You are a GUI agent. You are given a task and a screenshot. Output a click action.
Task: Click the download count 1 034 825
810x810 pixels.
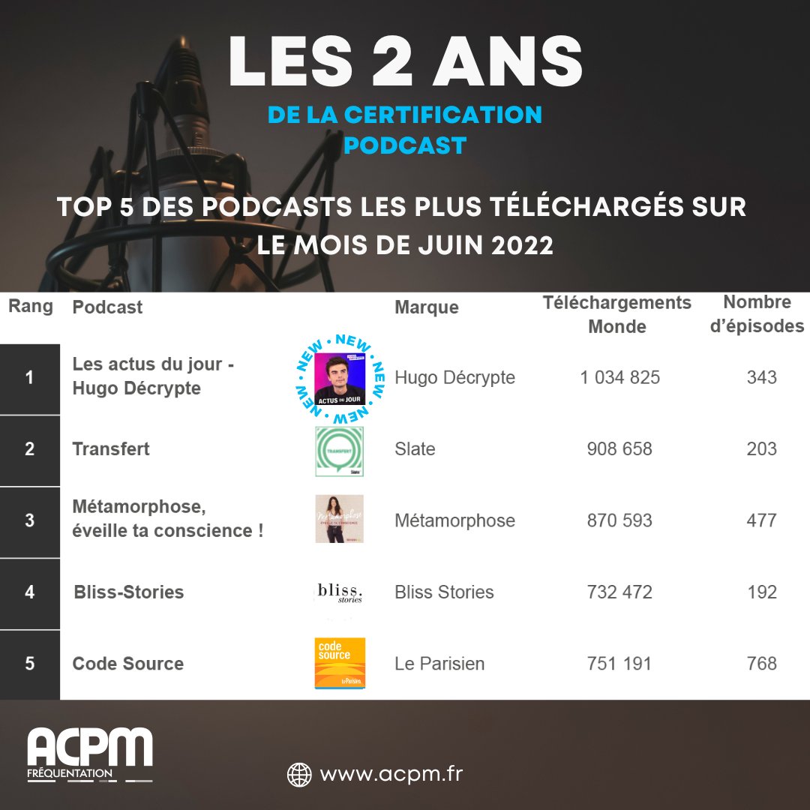619,377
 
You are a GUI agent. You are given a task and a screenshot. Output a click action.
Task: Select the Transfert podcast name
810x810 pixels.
111,449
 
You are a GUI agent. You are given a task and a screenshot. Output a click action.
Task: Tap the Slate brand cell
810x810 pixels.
415,449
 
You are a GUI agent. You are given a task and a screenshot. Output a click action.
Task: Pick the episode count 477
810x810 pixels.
761,520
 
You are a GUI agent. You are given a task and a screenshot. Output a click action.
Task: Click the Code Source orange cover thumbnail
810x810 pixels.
340,663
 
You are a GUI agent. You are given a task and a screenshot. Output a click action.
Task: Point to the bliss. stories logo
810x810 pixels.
340,592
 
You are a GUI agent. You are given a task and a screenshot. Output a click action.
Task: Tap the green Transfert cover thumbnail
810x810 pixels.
340,451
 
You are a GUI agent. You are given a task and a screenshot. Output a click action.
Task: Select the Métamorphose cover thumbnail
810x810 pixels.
340,519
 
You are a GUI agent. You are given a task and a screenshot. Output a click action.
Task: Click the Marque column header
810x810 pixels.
427,307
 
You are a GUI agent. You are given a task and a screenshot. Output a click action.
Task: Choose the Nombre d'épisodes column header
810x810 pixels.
757,314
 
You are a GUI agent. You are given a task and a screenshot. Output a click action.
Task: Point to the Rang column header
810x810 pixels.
31,306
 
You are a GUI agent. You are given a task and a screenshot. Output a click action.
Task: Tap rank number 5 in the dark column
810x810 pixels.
30,664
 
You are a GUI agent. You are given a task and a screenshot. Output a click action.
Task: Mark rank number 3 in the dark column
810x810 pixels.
30,520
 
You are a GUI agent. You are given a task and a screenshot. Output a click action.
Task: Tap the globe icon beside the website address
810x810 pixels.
299,774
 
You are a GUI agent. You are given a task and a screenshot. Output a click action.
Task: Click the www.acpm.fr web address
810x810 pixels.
391,773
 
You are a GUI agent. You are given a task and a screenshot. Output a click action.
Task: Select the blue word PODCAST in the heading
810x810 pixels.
405,145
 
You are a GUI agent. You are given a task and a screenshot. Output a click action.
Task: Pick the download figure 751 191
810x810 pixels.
619,664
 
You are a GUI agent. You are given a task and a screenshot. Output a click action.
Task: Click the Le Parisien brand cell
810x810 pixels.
439,664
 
